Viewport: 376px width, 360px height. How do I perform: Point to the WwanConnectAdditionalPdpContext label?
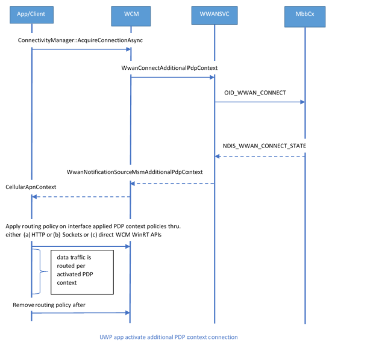pyautogui.click(x=169, y=68)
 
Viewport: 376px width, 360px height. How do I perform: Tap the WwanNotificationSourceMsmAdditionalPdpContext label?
pyautogui.click(x=134, y=172)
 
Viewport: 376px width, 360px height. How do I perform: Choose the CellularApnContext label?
pyautogui.click(x=31, y=187)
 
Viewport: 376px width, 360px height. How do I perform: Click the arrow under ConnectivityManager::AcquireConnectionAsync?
pyautogui.click(x=81, y=49)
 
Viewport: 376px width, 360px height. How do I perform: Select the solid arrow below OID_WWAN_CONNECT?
pyautogui.click(x=260, y=102)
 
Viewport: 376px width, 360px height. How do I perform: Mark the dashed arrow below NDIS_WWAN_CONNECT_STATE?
pyautogui.click(x=260, y=157)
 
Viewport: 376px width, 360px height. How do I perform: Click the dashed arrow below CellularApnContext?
pyautogui.click(x=81, y=196)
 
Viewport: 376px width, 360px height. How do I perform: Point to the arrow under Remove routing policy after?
pyautogui.click(x=81, y=312)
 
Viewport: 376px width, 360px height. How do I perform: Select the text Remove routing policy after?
pyautogui.click(x=49, y=305)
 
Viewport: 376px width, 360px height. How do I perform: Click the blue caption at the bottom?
pyautogui.click(x=168, y=337)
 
